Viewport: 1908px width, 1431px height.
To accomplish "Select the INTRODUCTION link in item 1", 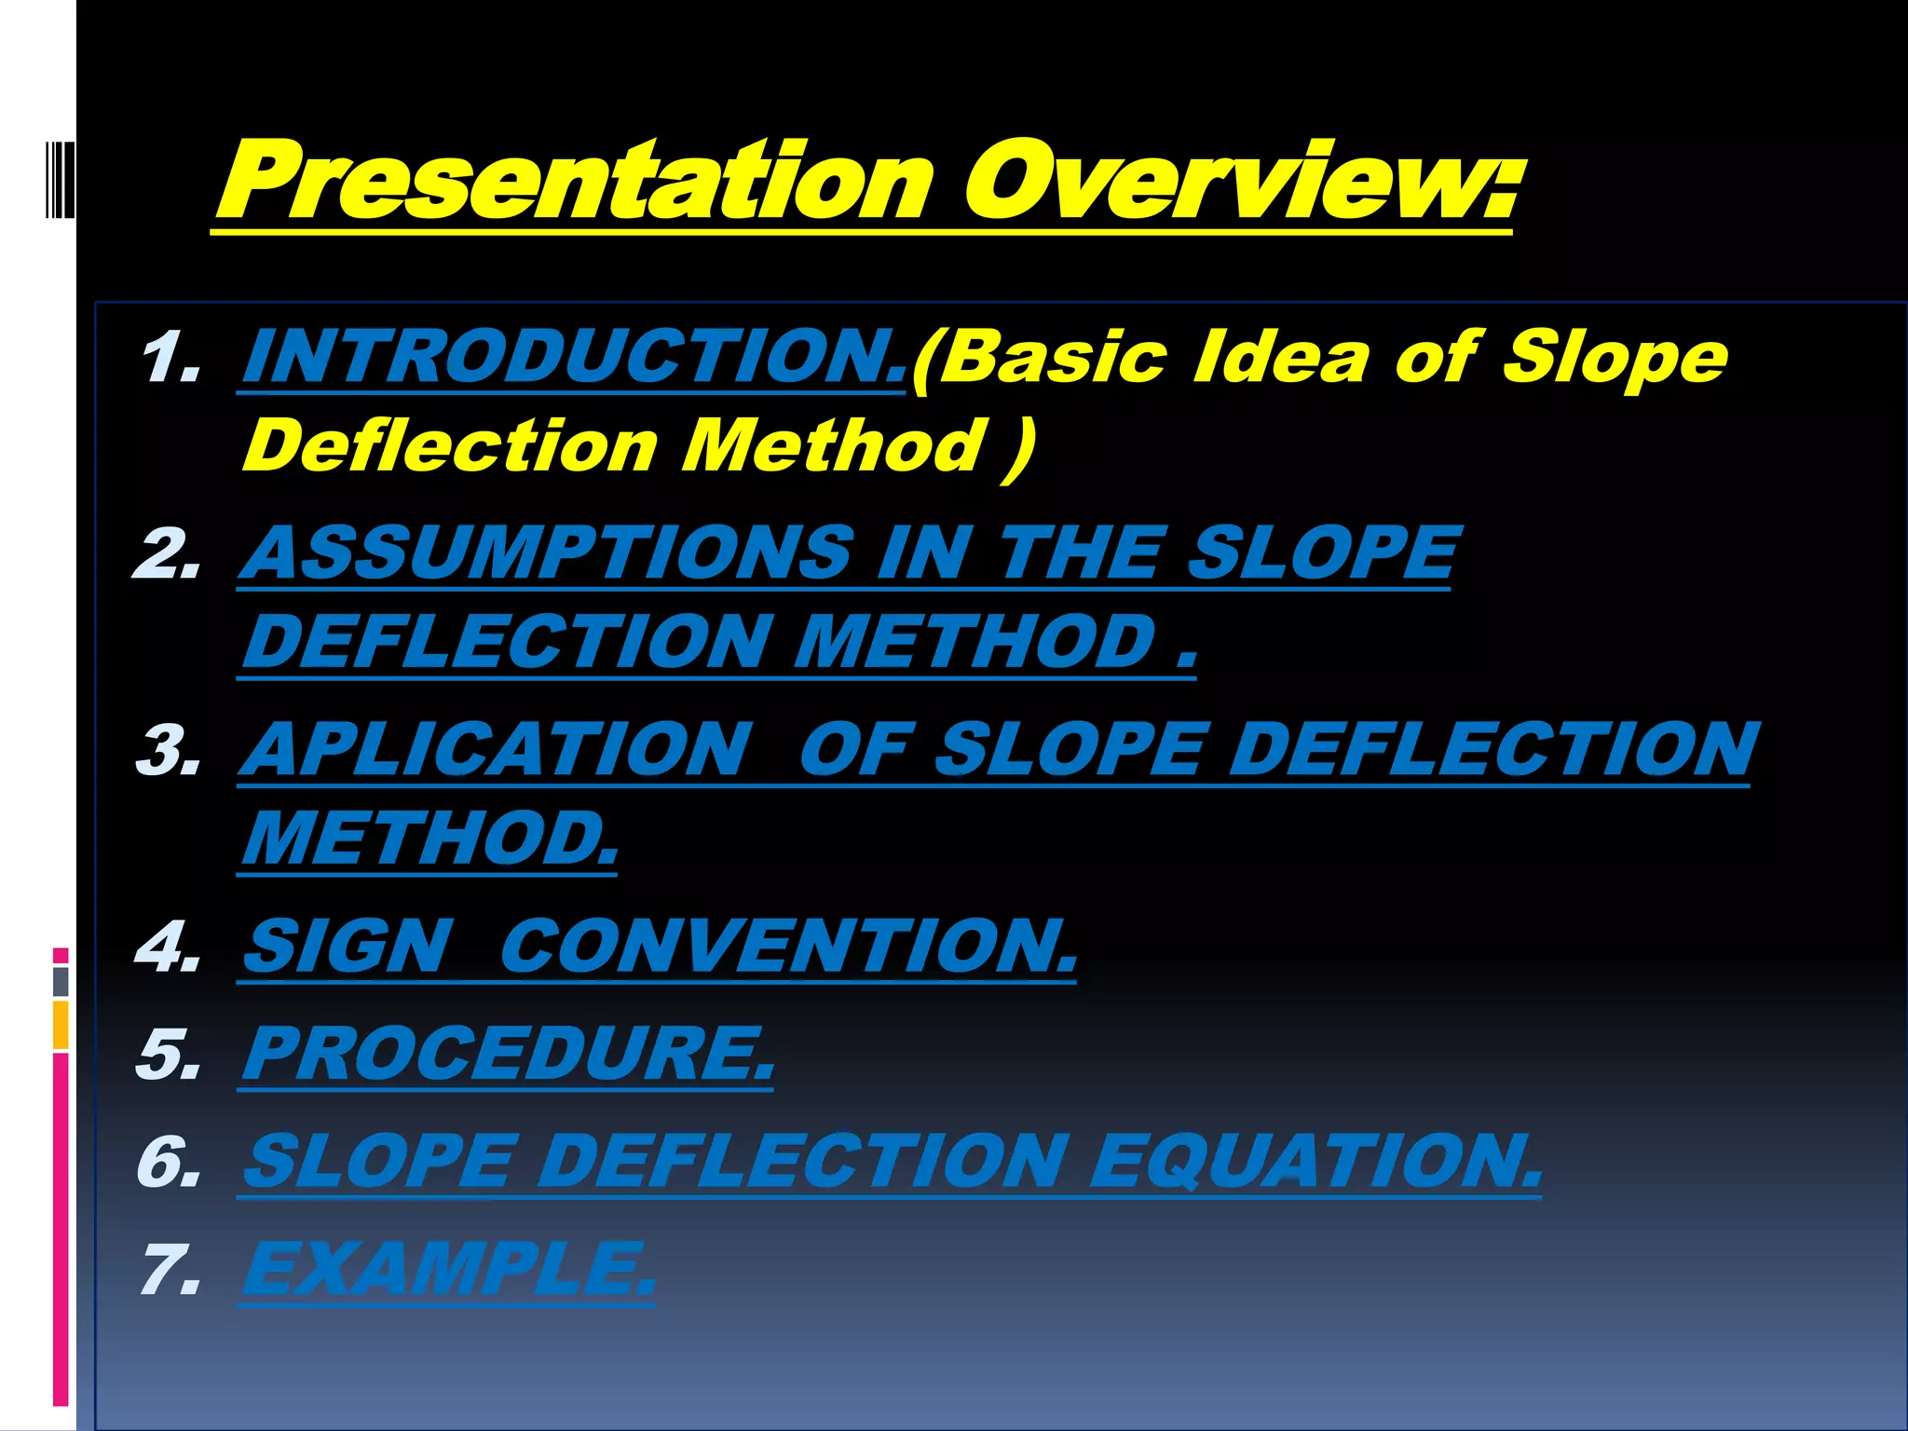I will (x=573, y=357).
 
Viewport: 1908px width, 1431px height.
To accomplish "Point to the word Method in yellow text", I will (x=834, y=445).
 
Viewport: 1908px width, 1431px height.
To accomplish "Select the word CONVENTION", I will (x=787, y=947).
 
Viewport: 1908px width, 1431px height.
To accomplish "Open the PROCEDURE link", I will (x=508, y=1054).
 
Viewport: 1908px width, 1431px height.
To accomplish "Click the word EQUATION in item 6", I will (x=1314, y=1162).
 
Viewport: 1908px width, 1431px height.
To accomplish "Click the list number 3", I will (x=168, y=751).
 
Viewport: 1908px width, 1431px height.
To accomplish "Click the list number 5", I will (x=168, y=1055).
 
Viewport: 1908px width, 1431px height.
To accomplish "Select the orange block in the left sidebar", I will (x=61, y=1025).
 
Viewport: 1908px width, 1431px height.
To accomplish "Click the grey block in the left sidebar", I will (x=61, y=981).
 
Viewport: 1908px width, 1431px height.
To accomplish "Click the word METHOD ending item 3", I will (x=429, y=838).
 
